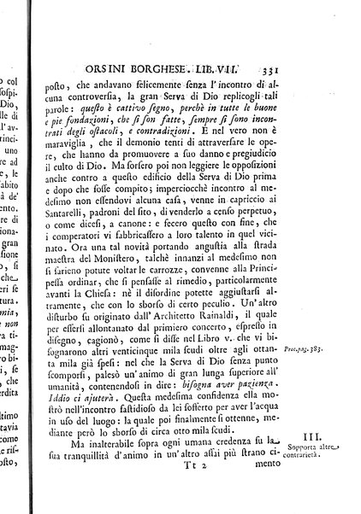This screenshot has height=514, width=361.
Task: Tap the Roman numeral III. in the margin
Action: click(x=328, y=459)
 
